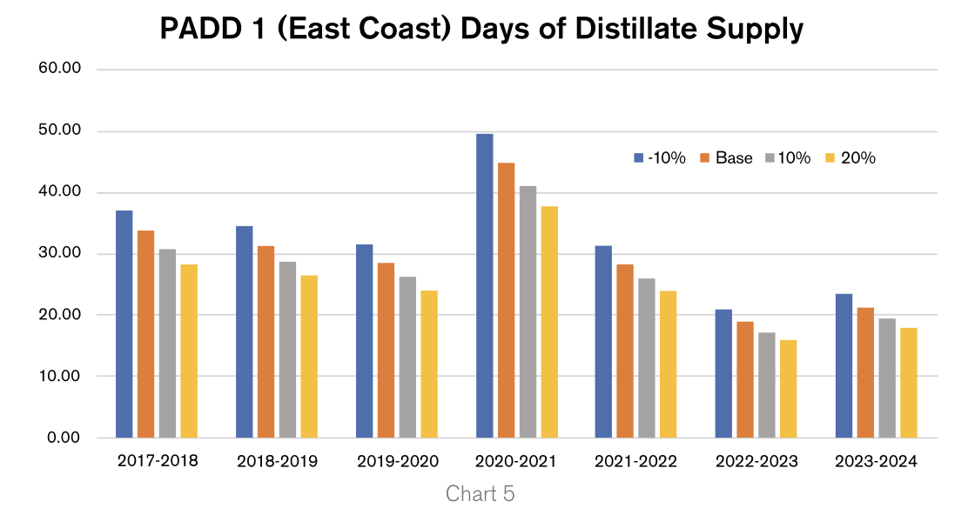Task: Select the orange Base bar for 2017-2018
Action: [145, 334]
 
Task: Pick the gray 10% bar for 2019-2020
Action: [407, 357]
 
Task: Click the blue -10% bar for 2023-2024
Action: [844, 365]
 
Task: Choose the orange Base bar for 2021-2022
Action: [625, 351]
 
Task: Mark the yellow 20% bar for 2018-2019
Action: [309, 356]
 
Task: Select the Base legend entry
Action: [726, 158]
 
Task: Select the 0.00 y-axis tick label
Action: [64, 438]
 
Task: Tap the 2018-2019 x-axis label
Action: [278, 461]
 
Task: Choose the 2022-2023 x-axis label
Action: [756, 461]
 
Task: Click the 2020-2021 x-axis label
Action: [517, 461]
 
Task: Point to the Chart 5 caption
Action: [481, 494]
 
